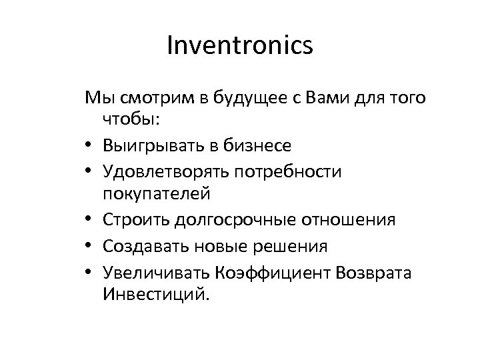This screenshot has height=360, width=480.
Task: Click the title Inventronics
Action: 239,46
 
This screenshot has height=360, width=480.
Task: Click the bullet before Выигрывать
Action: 89,144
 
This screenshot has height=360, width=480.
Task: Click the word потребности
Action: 287,172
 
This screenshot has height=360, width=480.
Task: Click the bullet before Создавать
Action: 89,247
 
